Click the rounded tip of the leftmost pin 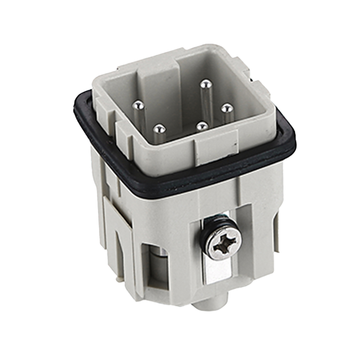coord(138,105)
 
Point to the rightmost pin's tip coord(226,108)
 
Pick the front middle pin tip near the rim coord(202,126)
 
